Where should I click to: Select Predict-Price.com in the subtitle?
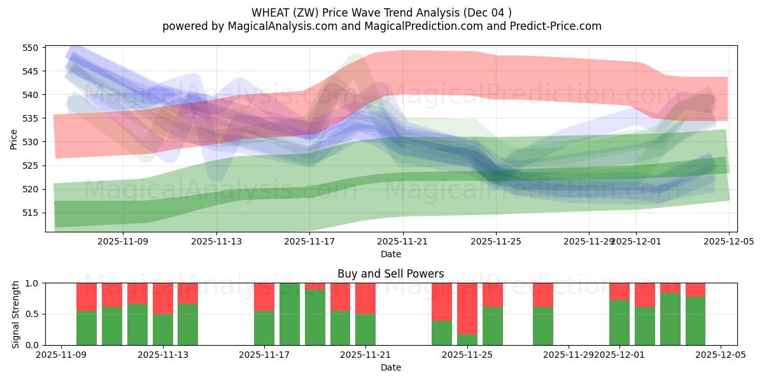tap(553, 26)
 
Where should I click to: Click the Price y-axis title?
tap(14, 139)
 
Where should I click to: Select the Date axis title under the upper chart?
tap(391, 254)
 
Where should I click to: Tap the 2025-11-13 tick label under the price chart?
tap(216, 241)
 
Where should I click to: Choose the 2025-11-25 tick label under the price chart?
tap(496, 241)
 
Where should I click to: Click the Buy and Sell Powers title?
tap(391, 274)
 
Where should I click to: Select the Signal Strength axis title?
tap(16, 314)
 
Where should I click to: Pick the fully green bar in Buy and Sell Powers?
tap(290, 314)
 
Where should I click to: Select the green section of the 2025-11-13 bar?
tap(162, 329)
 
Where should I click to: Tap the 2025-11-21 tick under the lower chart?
tap(365, 355)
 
